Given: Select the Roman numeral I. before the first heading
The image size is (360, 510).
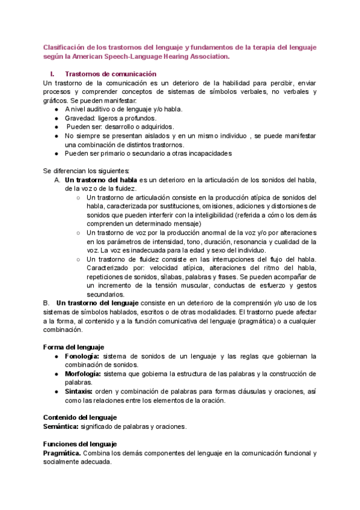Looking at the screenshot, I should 52,73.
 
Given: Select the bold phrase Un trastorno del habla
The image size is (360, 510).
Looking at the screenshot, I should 101,180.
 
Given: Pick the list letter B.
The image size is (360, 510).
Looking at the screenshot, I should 46,303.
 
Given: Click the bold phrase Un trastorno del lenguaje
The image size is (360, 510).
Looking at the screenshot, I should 97,303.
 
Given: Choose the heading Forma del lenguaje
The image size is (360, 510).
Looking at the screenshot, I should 74,347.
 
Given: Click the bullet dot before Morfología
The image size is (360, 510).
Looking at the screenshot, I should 56,373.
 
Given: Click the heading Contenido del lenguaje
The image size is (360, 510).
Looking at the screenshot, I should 81,417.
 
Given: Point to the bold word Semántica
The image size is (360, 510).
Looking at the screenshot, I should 61,426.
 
